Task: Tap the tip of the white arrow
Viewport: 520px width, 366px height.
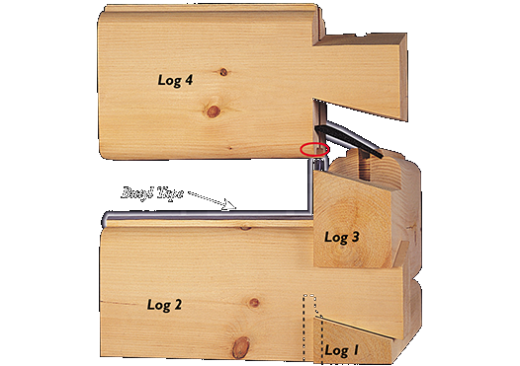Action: (234, 208)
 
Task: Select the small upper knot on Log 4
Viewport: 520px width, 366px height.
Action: (224, 72)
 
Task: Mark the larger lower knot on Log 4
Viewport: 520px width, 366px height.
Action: (213, 111)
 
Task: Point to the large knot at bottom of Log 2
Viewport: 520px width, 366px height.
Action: (240, 347)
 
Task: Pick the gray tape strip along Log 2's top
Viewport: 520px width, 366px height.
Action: (198, 219)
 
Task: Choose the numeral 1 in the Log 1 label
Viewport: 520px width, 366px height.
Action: (356, 349)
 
